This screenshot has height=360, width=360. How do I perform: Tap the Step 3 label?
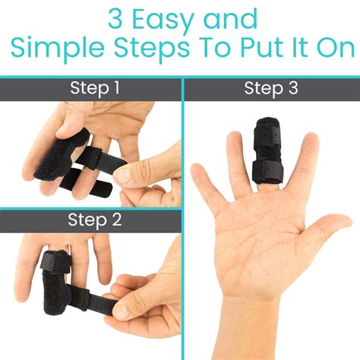[270, 89]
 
